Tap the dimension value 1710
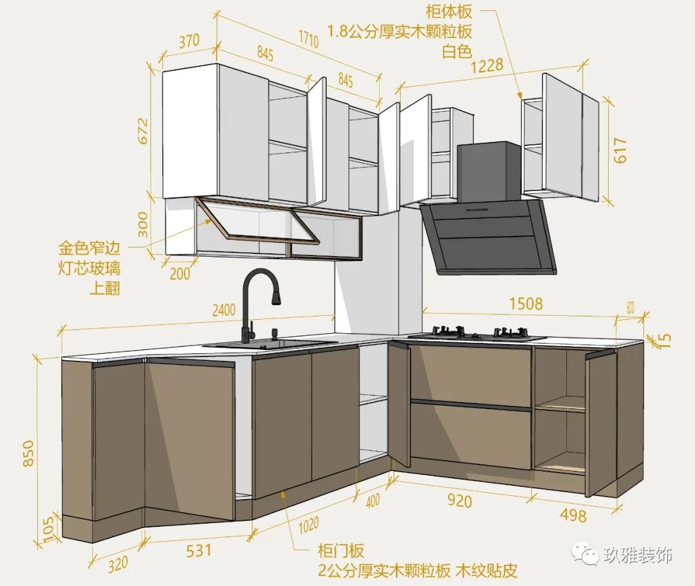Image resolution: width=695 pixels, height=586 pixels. click(x=308, y=39)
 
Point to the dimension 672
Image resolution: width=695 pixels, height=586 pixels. click(x=142, y=131)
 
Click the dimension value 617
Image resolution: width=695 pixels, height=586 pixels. click(x=620, y=151)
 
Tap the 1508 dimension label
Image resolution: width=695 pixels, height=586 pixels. click(x=526, y=303)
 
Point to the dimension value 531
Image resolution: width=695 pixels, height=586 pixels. click(x=198, y=551)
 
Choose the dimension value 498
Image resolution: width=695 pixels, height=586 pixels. click(x=573, y=515)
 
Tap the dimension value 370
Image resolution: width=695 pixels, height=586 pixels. click(x=189, y=42)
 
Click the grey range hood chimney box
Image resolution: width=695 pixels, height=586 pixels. click(x=489, y=170)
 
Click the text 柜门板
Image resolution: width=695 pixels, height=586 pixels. click(x=340, y=551)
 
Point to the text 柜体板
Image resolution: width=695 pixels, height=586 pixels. click(x=449, y=11)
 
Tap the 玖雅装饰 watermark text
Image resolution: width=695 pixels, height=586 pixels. click(x=637, y=555)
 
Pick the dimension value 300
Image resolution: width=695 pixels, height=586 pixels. click(x=143, y=224)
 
